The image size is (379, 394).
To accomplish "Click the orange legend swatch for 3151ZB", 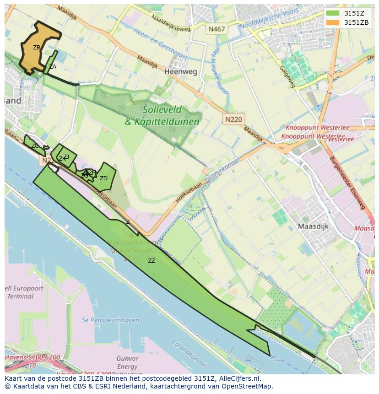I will [x=333, y=22].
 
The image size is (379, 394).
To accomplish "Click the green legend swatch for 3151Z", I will [x=333, y=13].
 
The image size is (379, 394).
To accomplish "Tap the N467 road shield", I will [x=217, y=29].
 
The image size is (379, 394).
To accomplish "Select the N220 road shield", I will [x=234, y=119].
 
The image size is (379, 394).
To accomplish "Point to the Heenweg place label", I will [x=180, y=72].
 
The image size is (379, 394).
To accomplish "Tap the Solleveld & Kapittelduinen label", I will [x=162, y=115].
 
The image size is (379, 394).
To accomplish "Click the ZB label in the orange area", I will [x=37, y=47].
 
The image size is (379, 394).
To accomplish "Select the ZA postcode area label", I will [x=53, y=67].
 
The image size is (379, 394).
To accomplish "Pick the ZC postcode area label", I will [x=35, y=146].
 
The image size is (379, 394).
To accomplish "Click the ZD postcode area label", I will [x=103, y=178].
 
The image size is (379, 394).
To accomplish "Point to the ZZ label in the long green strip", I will [x=151, y=261].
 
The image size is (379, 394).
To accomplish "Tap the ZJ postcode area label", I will [x=66, y=157].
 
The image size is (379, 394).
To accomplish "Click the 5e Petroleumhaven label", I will [x=110, y=320].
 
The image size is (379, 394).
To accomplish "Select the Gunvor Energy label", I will [x=127, y=362].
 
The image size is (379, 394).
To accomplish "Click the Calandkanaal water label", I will [x=188, y=352].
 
